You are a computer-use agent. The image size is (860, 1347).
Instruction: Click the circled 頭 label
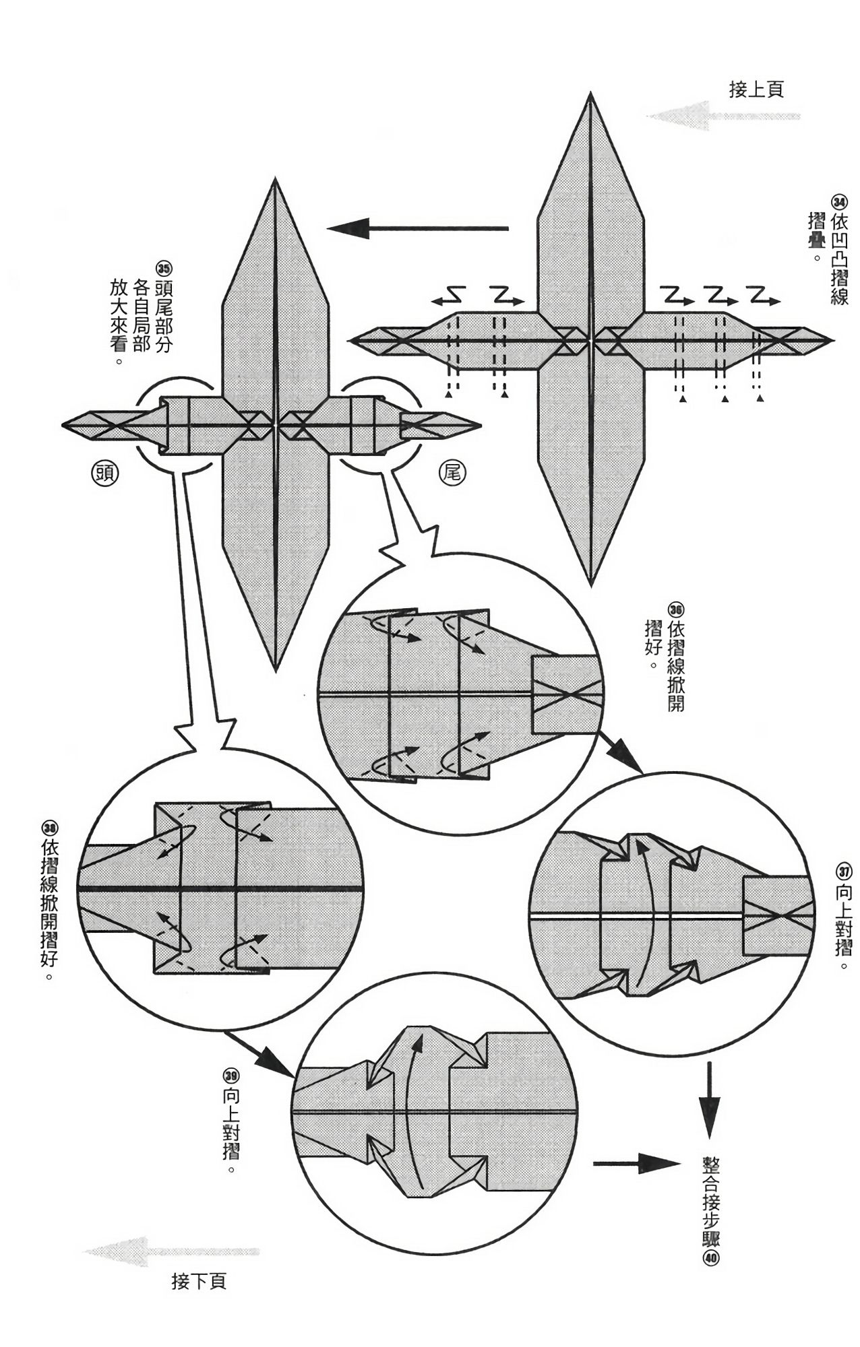105,473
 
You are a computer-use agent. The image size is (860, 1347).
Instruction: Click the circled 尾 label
452,473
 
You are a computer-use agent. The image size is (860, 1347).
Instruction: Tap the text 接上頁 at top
756,90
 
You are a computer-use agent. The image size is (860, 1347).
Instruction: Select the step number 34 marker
839,202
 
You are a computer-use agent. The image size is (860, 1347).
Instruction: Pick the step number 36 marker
676,610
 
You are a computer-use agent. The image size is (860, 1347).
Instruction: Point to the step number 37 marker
843,871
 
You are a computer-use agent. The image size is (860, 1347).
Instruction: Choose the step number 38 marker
50,828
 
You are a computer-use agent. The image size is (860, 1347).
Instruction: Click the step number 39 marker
231,1075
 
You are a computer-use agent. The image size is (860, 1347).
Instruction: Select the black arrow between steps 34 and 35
418,228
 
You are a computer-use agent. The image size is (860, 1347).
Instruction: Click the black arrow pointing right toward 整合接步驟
636,1163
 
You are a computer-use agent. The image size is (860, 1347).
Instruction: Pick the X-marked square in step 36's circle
566,694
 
